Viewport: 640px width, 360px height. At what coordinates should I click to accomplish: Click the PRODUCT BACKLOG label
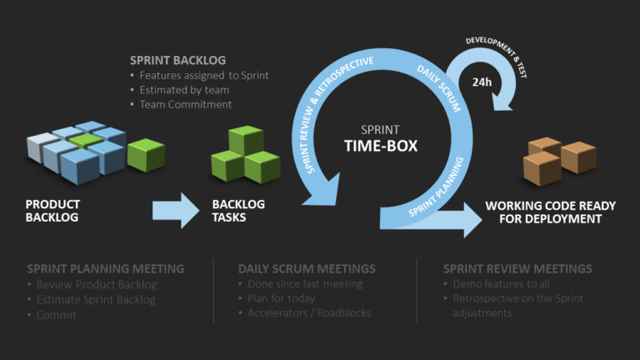pos(52,211)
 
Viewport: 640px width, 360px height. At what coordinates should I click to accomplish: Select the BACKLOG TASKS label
pos(238,211)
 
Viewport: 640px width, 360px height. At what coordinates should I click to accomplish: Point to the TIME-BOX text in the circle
pos(381,146)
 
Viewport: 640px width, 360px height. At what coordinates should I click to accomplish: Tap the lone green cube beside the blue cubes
pos(146,155)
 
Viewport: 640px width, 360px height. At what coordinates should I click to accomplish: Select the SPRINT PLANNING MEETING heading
pos(105,269)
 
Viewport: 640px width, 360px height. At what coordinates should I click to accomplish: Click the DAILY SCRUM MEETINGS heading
pos(307,269)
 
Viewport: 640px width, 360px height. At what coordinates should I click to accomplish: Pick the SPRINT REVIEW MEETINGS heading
pos(517,269)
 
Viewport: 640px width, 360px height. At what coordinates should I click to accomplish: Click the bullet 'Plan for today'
pos(281,299)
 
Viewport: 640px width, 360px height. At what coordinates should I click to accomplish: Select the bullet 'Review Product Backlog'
pos(96,284)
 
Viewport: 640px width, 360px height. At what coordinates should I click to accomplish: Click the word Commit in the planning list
pos(56,314)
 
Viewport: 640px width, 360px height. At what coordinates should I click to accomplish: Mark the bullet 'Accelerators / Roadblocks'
pos(309,313)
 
